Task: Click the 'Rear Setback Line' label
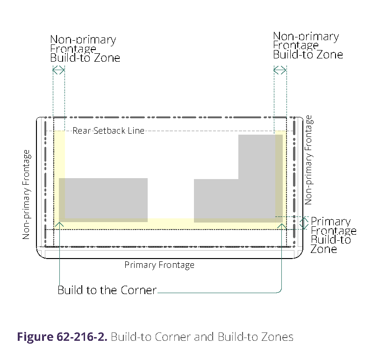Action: point(108,130)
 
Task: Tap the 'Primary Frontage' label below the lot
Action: point(159,265)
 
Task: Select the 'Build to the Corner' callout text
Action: point(107,290)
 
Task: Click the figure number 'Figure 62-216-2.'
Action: point(62,337)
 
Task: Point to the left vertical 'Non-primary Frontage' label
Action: point(27,194)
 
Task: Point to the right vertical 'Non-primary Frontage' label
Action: point(308,160)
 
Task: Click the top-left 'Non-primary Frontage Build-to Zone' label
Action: point(85,49)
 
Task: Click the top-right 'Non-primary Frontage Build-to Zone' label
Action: point(308,45)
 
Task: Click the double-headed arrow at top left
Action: point(58,71)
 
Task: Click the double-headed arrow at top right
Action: point(279,70)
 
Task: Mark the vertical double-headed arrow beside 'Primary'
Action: point(304,223)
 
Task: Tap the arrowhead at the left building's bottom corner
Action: point(59,225)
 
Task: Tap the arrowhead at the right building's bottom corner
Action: point(281,225)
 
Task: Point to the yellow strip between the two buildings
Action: point(171,223)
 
